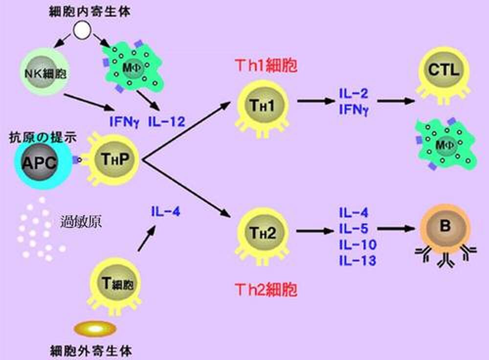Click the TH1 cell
click(x=264, y=105)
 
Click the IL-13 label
click(x=357, y=262)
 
